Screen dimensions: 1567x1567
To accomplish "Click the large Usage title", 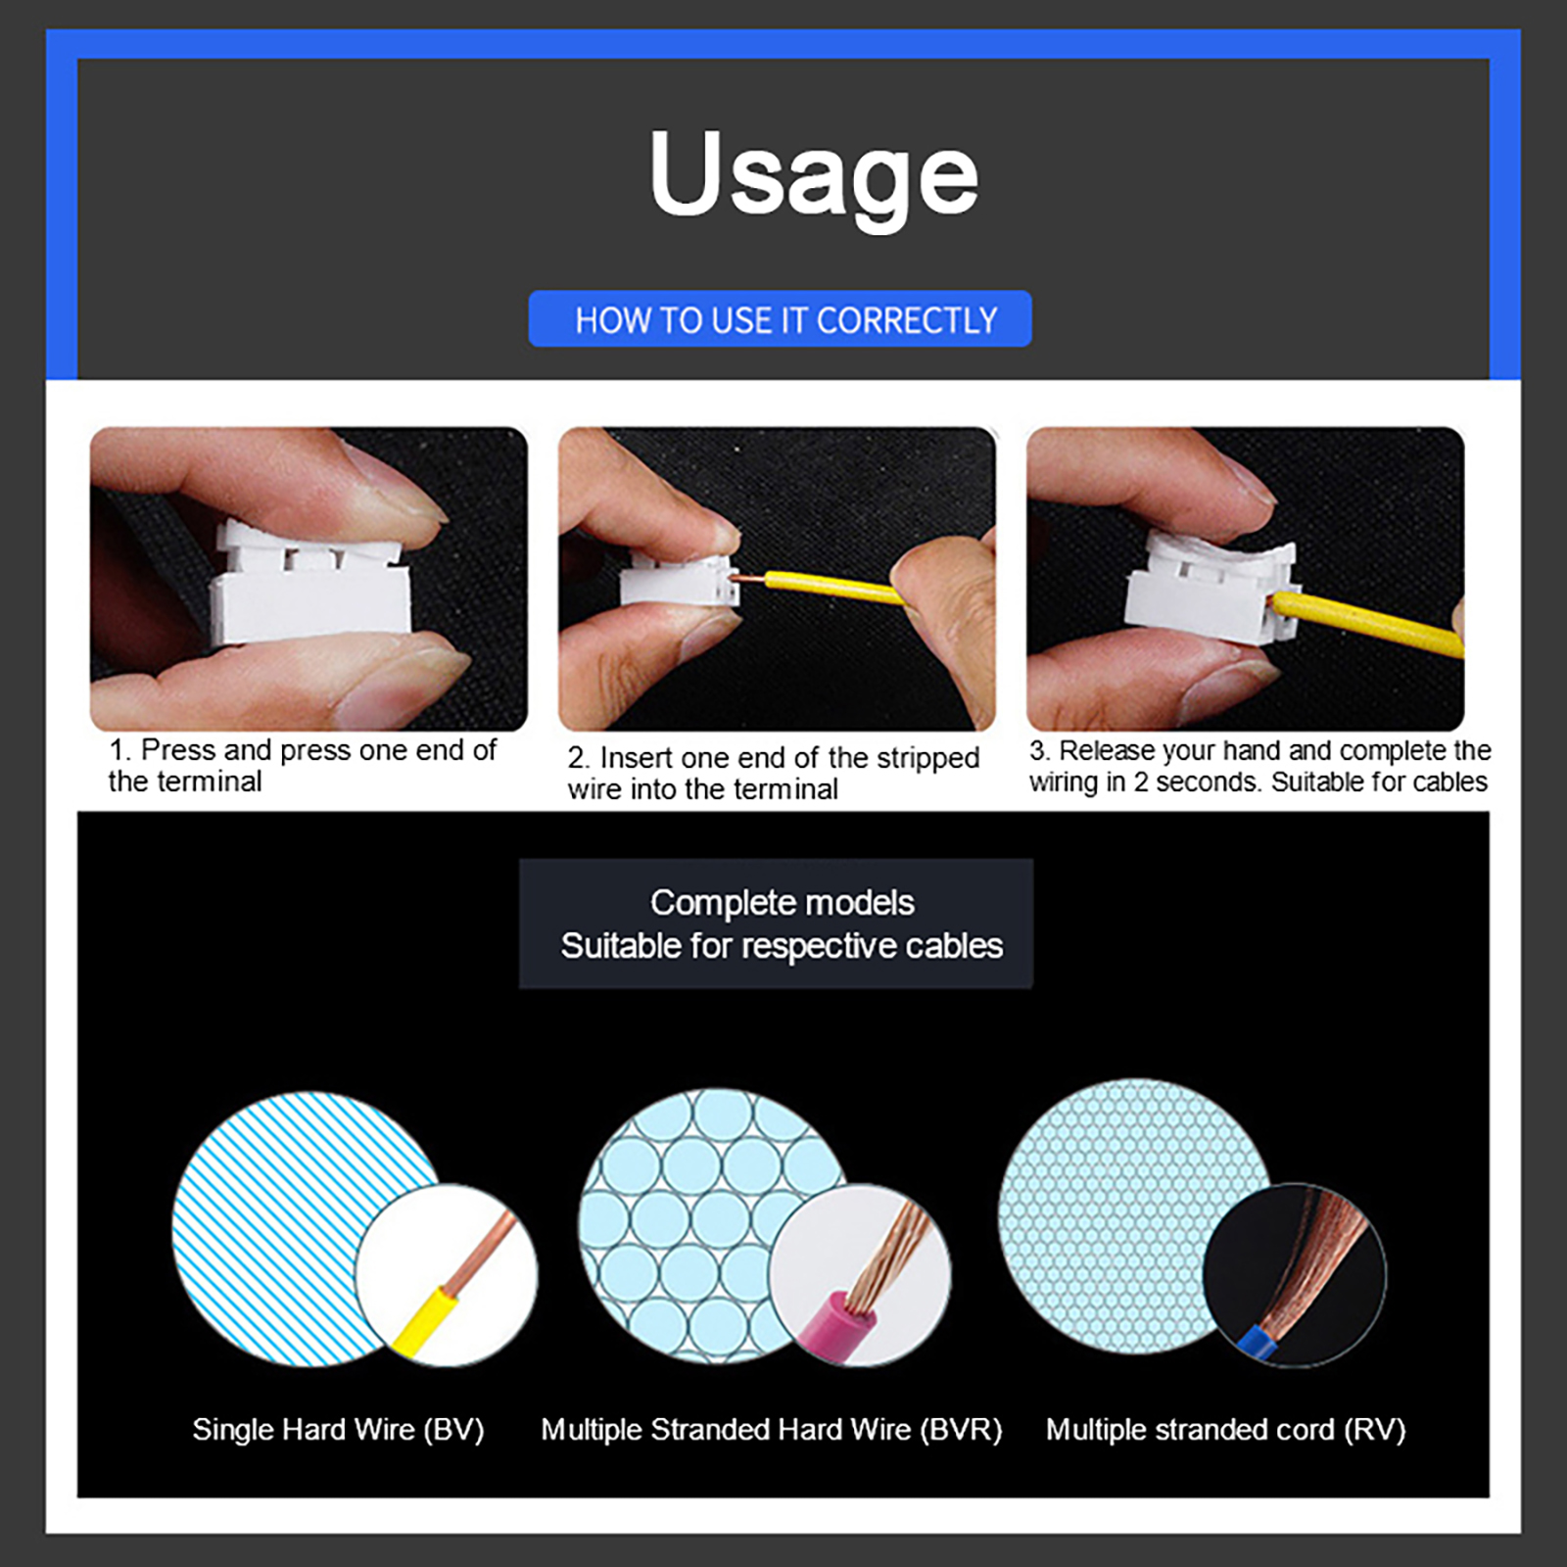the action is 813,176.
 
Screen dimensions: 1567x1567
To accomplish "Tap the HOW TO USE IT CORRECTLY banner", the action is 781,318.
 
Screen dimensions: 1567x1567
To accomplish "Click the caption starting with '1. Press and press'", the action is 303,765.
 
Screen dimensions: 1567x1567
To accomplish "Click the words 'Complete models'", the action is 783,902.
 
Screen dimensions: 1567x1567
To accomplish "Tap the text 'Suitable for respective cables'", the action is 783,946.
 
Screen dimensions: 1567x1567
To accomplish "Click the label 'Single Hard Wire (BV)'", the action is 338,1430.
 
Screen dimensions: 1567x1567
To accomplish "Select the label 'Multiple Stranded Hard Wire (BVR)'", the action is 772,1430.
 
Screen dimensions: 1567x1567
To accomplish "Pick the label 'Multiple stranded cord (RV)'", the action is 1226,1430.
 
